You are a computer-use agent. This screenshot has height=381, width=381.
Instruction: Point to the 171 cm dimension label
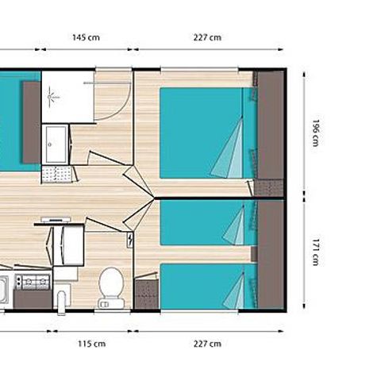[315, 255]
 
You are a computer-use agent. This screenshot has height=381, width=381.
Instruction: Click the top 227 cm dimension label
[207, 37]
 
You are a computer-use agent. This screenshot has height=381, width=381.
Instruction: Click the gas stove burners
[34, 282]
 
